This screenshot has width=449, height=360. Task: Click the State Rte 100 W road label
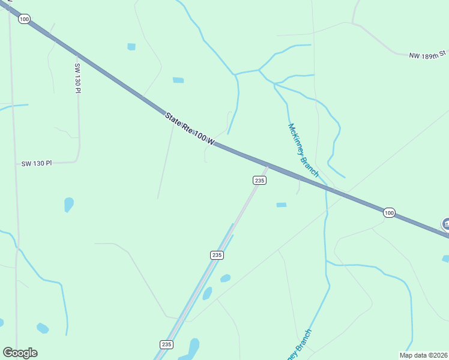tap(190, 129)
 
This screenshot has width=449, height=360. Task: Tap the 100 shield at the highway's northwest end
tap(24, 19)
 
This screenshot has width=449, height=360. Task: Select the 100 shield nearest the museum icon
tap(389, 212)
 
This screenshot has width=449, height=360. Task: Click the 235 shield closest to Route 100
tap(259, 181)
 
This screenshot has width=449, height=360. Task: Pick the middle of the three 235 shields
tap(217, 255)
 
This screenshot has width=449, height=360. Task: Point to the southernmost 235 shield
tap(167, 344)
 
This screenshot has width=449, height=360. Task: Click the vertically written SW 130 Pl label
tap(77, 78)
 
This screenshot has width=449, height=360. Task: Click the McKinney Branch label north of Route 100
tap(303, 150)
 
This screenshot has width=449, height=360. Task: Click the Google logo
tap(20, 353)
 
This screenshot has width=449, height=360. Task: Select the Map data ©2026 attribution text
tap(423, 355)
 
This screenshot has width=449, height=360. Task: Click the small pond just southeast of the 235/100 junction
tap(281, 205)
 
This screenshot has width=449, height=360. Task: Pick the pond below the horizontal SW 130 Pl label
tap(68, 205)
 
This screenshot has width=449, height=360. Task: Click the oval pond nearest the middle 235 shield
tap(225, 278)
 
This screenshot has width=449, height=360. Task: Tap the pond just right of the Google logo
tap(42, 328)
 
